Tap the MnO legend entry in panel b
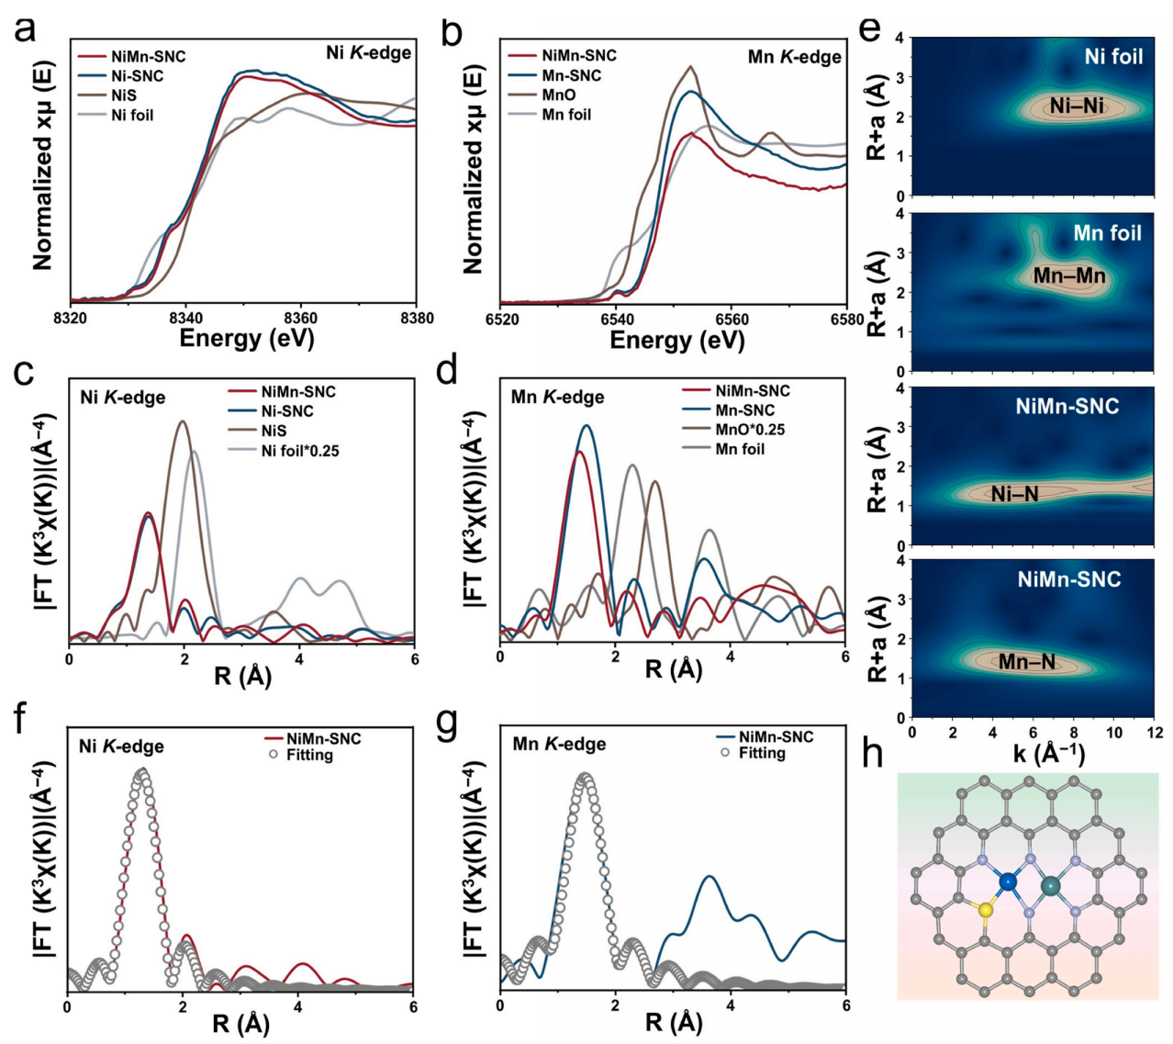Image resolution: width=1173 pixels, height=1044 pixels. coord(559,95)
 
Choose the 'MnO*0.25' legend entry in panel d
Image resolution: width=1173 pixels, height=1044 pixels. coord(750,429)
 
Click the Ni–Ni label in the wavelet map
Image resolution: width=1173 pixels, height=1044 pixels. coord(1077,107)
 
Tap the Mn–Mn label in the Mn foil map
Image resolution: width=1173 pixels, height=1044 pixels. coord(1069,275)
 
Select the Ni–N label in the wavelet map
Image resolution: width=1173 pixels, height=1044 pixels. coord(1015,494)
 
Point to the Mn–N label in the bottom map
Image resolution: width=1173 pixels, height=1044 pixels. coord(1026,660)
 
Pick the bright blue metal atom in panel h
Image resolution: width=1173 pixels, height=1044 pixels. coord(1008,881)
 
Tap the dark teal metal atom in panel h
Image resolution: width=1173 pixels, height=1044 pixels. coord(1050,886)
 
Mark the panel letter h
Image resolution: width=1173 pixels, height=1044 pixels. coord(875,755)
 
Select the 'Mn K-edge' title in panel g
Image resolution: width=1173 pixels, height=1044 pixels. coord(559,744)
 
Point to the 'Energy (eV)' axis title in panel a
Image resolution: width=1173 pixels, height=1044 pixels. coord(247,338)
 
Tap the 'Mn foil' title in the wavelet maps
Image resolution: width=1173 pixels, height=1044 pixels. coord(1107,233)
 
